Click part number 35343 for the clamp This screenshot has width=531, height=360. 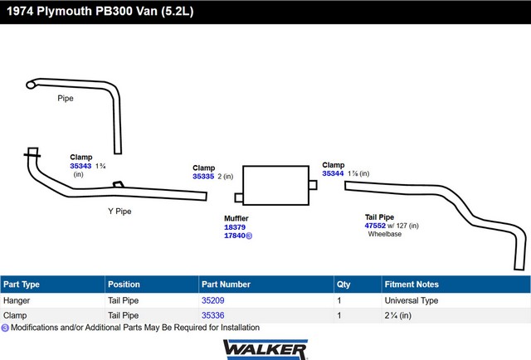pos(80,166)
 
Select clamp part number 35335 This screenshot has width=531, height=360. pos(203,177)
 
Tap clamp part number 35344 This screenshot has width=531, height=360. pos(333,173)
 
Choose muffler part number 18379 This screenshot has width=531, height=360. pos(235,227)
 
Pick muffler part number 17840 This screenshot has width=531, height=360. pos(235,236)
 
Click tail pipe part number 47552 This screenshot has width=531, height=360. pos(375,226)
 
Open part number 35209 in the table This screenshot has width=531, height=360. pos(213,300)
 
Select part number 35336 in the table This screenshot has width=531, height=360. pos(213,315)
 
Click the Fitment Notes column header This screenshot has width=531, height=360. pos(412,285)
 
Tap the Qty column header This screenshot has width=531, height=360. pos(343,285)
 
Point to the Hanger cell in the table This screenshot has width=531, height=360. pos(17,300)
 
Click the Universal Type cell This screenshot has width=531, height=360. pos(412,300)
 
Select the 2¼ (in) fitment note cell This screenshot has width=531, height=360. pos(398,316)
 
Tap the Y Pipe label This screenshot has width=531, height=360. pos(119,212)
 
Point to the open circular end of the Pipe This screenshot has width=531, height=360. pos(31,85)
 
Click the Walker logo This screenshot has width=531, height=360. pos(265,349)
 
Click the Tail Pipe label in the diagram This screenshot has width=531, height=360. pos(379,217)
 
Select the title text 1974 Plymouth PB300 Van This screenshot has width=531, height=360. pos(82,11)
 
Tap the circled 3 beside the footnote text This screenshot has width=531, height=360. pos(5,328)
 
